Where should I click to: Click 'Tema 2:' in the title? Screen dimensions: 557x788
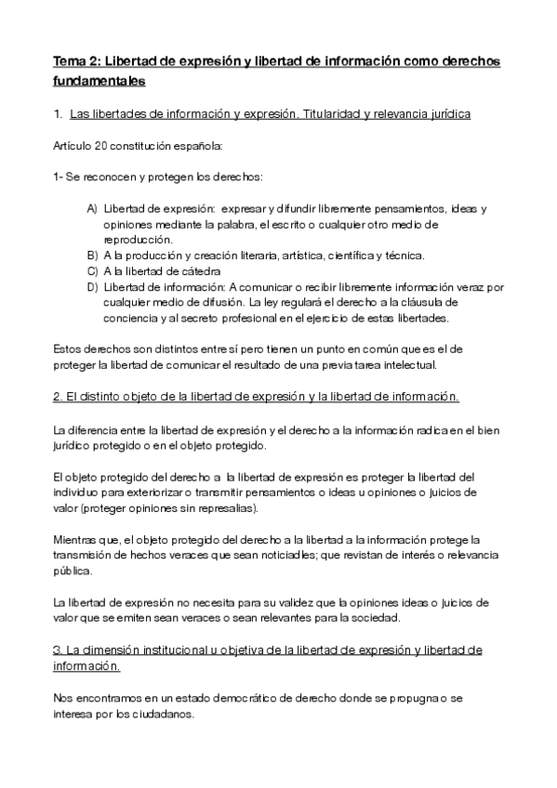[x=76, y=61]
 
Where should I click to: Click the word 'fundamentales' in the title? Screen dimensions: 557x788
[x=99, y=82]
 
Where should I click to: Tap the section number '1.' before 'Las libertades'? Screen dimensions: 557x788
[x=58, y=114]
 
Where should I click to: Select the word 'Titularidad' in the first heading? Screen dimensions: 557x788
[x=351, y=114]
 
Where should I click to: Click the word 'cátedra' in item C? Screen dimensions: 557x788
[x=201, y=271]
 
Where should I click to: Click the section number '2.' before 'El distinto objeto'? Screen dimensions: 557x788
[x=58, y=397]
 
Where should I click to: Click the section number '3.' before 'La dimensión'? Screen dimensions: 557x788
[x=58, y=650]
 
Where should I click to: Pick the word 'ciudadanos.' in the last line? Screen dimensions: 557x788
[x=164, y=715]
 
